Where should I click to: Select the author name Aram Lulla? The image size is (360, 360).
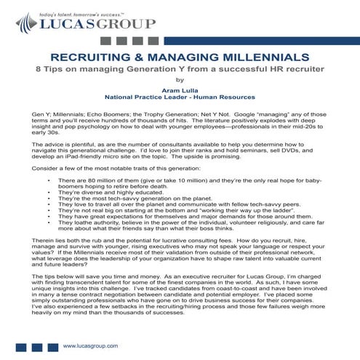180,87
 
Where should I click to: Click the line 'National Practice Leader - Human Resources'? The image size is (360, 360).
180,95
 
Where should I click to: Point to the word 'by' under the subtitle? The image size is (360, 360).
180,80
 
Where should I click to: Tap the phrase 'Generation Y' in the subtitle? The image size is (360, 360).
159,70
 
